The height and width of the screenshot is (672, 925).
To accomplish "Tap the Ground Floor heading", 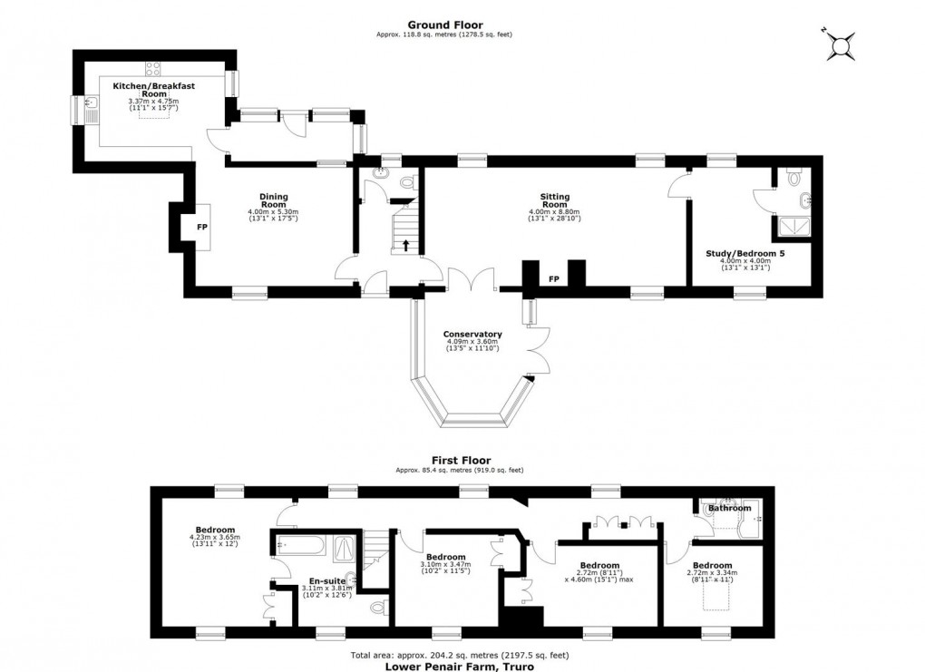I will [445, 25].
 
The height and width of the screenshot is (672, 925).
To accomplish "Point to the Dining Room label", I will [273, 200].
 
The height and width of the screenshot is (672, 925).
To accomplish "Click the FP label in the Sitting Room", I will [553, 278].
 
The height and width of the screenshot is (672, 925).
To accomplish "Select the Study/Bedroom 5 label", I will [745, 253].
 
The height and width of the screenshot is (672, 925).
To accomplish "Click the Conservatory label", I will [472, 334].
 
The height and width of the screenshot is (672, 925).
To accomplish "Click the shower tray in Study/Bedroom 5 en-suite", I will [789, 227].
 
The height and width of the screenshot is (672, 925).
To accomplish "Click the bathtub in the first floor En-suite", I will [298, 546].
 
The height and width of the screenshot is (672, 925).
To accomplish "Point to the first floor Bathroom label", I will [730, 509].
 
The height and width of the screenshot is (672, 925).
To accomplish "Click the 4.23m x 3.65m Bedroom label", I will [215, 531].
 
